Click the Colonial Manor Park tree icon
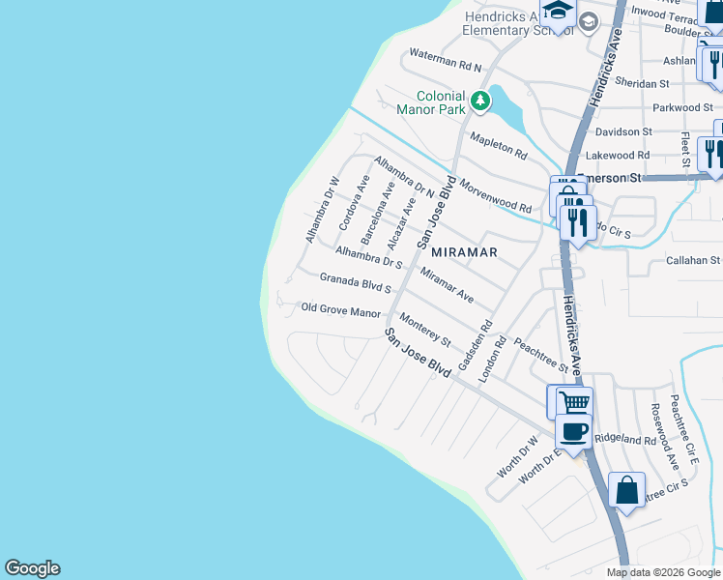(479, 101)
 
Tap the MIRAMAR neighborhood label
(464, 252)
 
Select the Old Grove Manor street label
(341, 311)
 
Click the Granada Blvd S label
(355, 282)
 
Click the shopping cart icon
(574, 401)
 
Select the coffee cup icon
(574, 430)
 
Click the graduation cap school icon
(558, 12)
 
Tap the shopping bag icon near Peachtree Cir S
(627, 489)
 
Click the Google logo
(32, 568)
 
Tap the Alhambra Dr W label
(322, 209)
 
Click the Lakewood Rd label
(617, 155)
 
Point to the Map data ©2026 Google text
(662, 572)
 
